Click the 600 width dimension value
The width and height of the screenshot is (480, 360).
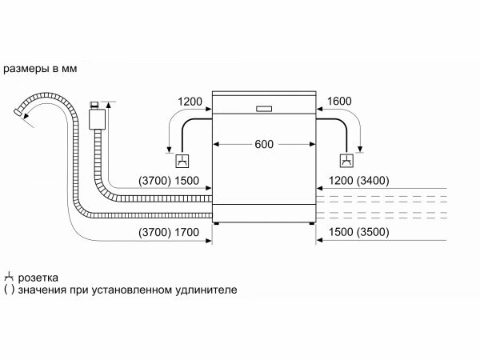pos(264,144)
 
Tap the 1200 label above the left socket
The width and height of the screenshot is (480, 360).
pos(190,102)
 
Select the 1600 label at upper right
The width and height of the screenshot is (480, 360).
pos(340,102)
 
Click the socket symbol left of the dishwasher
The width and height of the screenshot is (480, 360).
pos(183,158)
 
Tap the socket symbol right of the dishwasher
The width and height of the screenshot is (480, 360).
pos(346,158)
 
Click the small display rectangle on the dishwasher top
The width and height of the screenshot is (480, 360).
pos(264,108)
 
